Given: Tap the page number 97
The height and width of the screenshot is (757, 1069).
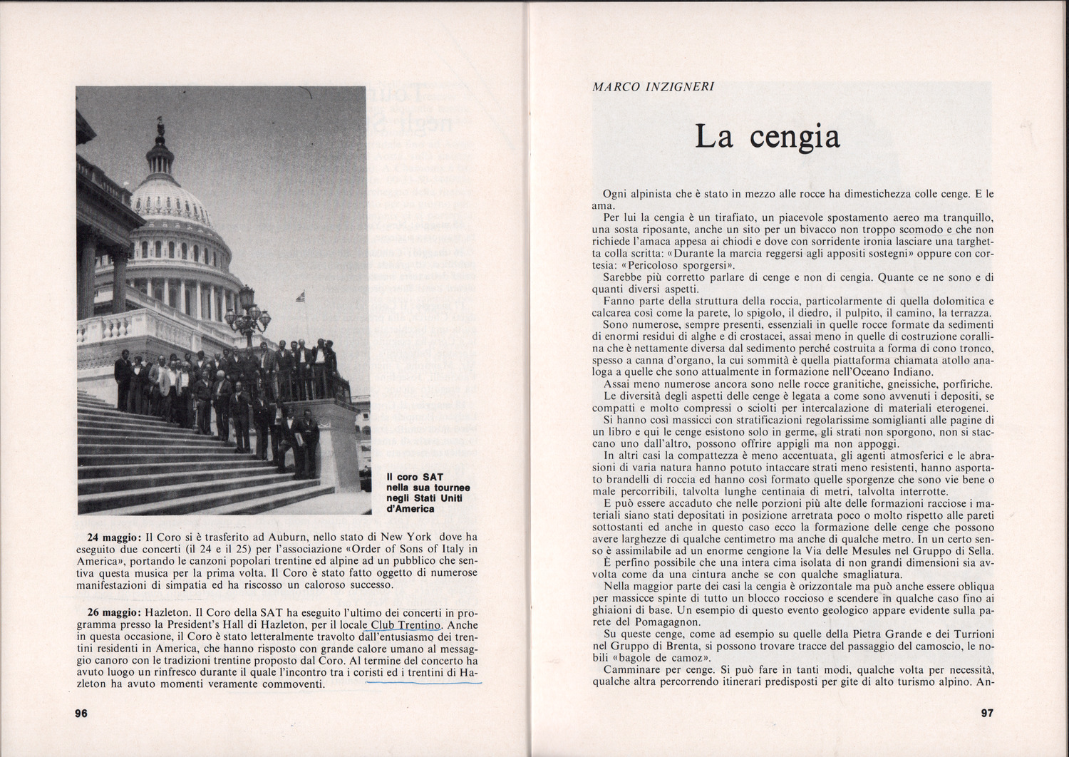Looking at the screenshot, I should pos(986,712).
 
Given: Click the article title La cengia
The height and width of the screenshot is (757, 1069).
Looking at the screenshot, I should pos(767,136).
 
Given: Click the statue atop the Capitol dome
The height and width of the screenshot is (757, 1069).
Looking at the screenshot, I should pos(161,127).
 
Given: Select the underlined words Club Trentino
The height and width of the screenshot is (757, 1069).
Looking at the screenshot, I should pos(401,625).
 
